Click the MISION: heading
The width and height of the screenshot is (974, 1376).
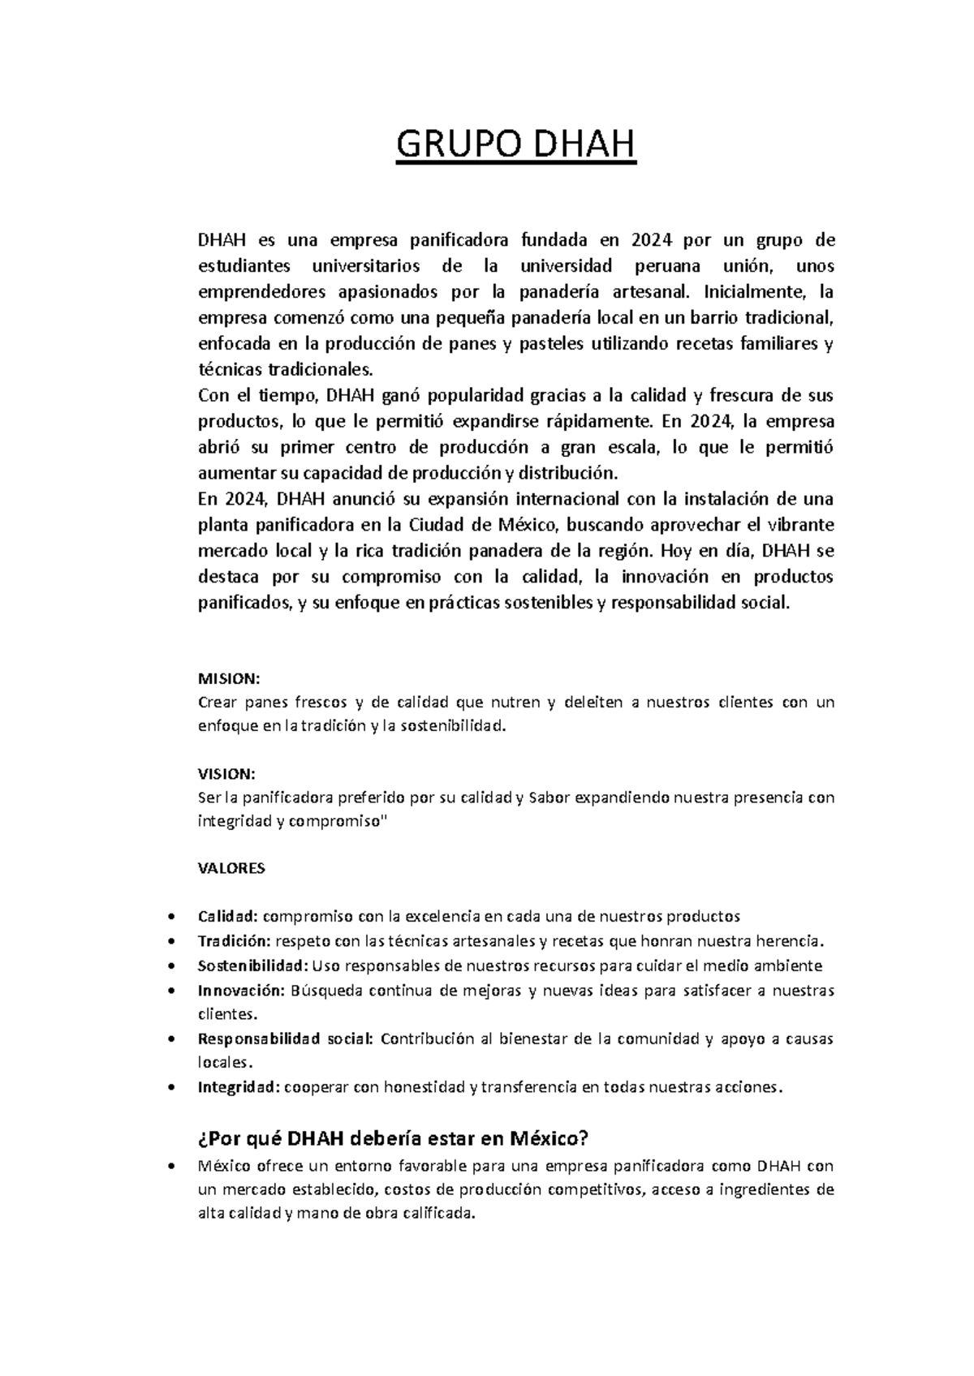[227, 678]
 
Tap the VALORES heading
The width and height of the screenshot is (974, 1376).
[231, 868]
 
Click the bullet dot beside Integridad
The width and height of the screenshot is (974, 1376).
[169, 1087]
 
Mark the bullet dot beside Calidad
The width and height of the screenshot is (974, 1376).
[169, 917]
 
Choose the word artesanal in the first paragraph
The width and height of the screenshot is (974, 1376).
[652, 292]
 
